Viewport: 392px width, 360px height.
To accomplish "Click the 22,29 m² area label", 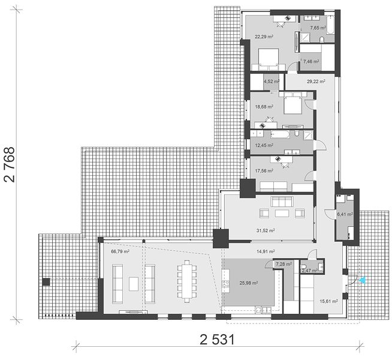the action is point(264,37).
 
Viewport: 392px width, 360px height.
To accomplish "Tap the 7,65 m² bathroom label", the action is point(318,28).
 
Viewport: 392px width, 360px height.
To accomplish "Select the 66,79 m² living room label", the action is point(120,251).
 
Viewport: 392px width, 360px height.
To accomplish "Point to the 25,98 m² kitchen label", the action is point(249,283).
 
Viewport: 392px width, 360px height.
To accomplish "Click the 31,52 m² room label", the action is point(266,230).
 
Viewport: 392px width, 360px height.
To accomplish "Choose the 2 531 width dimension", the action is point(217,340).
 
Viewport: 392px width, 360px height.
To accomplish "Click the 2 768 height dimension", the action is point(10,164).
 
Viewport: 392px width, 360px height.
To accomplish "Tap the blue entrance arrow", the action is point(363,280).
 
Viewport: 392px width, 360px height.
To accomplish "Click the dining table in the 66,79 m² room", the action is point(187,281).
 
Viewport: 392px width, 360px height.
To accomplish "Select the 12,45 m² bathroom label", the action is point(264,145).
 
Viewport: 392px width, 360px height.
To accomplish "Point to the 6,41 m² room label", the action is point(345,214).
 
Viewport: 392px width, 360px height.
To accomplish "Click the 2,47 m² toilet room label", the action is point(309,271).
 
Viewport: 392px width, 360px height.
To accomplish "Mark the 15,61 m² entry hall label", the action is point(329,301).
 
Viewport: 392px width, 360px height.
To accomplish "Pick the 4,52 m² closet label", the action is point(272,82).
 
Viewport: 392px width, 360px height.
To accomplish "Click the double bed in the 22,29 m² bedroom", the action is point(269,59).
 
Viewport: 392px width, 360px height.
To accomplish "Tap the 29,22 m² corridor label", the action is point(316,82).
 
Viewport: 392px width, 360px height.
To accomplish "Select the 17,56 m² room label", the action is point(264,171).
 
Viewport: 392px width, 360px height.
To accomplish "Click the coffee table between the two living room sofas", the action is point(134,284).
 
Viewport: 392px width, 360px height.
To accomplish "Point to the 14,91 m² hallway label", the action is point(266,251).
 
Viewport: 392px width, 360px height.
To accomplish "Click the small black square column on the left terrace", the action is point(46,282).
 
